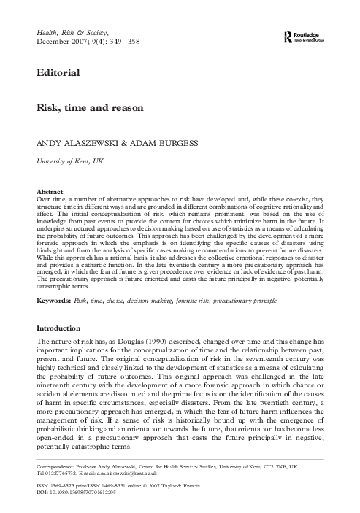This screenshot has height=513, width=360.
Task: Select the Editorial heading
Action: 55,73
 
